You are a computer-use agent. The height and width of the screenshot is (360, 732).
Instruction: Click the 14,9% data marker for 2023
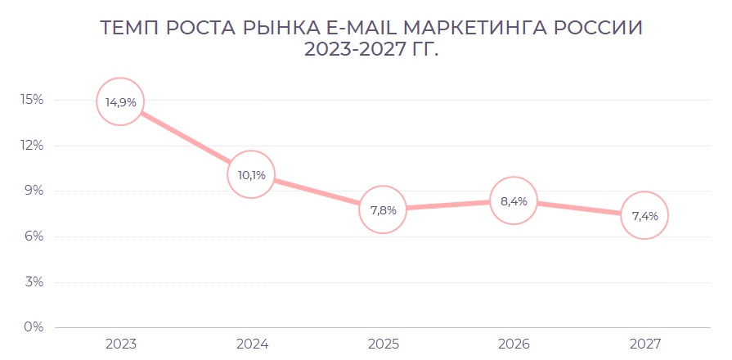(x=120, y=101)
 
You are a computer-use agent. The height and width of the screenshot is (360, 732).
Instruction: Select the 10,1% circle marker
(x=251, y=174)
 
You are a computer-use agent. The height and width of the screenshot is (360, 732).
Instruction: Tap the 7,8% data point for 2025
(x=382, y=209)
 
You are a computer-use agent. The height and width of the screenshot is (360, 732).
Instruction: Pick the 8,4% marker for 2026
(x=513, y=200)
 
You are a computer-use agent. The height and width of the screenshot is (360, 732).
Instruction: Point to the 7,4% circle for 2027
(x=644, y=215)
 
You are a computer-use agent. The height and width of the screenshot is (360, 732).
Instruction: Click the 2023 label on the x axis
(x=120, y=344)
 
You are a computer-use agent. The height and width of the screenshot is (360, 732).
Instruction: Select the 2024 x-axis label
(x=251, y=344)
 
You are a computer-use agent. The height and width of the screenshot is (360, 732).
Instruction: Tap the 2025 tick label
(x=382, y=344)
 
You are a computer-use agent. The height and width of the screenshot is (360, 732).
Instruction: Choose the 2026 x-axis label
(x=513, y=344)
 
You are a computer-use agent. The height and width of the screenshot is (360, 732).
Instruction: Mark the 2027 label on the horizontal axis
(x=644, y=344)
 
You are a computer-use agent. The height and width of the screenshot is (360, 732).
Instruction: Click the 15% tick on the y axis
(x=32, y=100)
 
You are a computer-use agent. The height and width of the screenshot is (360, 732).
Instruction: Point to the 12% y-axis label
(x=32, y=146)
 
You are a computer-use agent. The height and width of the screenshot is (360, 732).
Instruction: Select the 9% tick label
(x=34, y=191)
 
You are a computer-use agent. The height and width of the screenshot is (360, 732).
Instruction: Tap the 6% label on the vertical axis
(x=34, y=236)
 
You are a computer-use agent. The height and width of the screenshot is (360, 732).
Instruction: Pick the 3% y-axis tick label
(x=34, y=282)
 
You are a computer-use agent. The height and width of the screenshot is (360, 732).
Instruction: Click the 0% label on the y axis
(x=34, y=327)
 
